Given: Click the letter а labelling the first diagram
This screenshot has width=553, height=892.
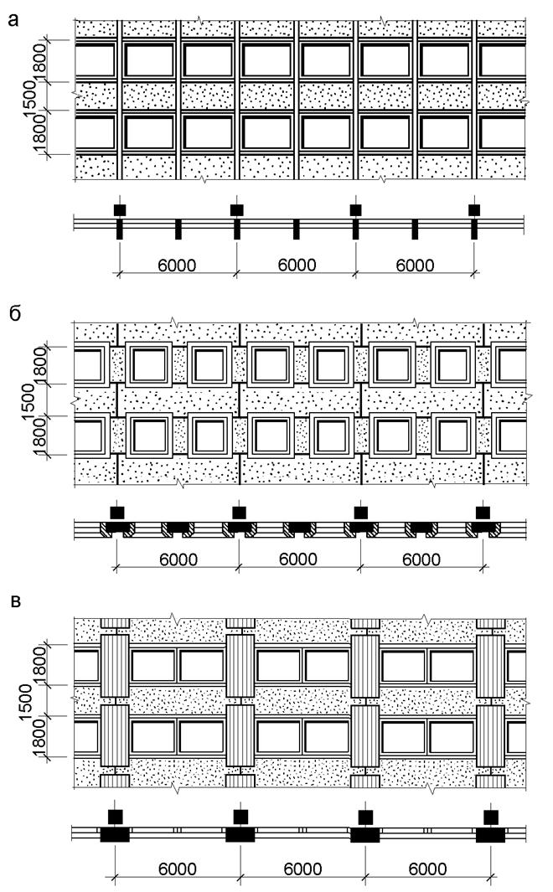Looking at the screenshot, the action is pos(13,20).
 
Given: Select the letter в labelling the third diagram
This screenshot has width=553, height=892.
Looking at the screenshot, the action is pos(16,602).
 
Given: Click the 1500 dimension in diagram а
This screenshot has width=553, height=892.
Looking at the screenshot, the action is pos(28,98).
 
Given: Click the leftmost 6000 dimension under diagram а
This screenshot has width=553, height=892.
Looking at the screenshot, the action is pos(177,266).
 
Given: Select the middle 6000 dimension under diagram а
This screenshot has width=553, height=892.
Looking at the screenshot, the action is pos(297,266).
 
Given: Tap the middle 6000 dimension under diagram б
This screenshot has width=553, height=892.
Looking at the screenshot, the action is pos(298,559).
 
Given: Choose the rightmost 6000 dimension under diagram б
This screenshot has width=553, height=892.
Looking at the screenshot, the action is pos(421,559).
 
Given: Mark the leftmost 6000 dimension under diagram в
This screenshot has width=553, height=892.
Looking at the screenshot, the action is pos(178,869).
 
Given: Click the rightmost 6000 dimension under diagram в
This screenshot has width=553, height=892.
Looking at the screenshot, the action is pos(427,869).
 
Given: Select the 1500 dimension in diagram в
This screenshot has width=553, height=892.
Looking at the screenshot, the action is pos(27,702).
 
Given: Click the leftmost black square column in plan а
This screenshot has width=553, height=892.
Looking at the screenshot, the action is pos(120,210).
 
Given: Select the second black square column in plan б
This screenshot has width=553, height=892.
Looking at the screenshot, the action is pos(239,512).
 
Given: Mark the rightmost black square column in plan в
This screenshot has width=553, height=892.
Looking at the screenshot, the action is pos(491,817).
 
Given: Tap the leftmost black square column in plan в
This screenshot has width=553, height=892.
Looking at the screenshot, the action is pos(116,817).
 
